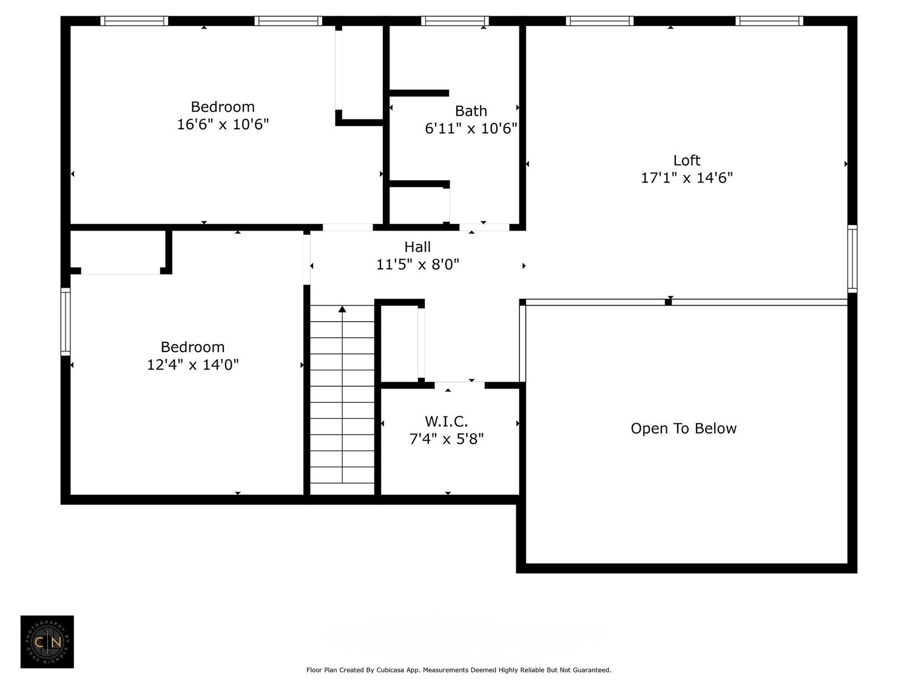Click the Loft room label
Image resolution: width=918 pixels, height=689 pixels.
686,160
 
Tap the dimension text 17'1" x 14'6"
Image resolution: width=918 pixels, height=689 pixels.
686,178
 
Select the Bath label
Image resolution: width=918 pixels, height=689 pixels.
471,111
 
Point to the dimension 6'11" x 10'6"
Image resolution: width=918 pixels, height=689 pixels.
471,129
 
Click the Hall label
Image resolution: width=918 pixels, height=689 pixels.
417,247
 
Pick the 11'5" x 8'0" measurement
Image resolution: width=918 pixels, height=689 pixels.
417,265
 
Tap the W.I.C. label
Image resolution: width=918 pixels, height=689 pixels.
446,421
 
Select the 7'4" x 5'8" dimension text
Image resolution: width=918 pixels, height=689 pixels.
446,439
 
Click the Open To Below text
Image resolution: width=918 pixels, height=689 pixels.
683,429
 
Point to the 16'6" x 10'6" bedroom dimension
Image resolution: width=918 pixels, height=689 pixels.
223,124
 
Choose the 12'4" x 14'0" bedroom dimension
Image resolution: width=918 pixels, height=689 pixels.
192,365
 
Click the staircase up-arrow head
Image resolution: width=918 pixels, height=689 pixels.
342,310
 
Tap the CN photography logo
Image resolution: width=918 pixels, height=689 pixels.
47,642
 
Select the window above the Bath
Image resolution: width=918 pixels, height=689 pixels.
454,21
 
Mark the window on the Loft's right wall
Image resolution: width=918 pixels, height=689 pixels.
852,259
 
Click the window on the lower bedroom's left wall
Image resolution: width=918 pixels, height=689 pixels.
65,321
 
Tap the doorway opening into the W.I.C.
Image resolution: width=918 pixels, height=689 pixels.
459,384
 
